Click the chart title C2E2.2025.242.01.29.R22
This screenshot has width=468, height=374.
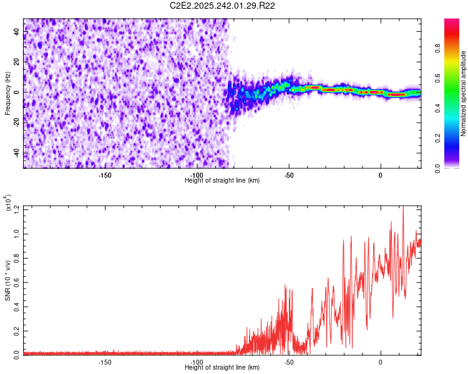223,6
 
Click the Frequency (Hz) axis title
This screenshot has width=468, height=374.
7,93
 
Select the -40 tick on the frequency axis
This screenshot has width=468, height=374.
17,153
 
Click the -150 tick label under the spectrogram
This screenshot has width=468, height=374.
105,175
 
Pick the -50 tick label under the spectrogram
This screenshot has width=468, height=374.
288,175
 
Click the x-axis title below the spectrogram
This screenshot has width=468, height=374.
222,180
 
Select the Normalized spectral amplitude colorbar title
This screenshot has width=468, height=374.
464,93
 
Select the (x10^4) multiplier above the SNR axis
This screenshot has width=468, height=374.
9,203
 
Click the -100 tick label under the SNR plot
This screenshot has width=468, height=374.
197,362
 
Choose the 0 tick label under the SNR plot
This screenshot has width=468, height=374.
380,362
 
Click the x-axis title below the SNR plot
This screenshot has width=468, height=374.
222,367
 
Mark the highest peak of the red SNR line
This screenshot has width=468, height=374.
402,207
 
